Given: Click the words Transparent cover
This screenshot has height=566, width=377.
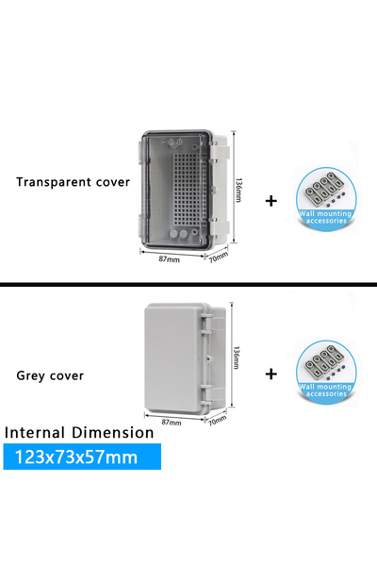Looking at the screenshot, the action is pyautogui.click(x=73, y=182).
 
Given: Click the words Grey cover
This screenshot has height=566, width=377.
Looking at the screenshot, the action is pyautogui.click(x=50, y=375).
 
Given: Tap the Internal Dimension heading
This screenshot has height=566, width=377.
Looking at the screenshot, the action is pyautogui.click(x=79, y=432).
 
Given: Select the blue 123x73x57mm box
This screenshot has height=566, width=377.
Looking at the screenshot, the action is pyautogui.click(x=82, y=457).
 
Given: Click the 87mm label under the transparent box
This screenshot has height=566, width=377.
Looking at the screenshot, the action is pyautogui.click(x=170, y=258).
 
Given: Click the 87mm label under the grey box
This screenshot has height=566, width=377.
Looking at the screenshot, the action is pyautogui.click(x=172, y=422).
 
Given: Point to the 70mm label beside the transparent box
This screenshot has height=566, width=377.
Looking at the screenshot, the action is pyautogui.click(x=219, y=257).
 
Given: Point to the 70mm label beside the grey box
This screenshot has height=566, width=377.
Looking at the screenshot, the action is pyautogui.click(x=217, y=420).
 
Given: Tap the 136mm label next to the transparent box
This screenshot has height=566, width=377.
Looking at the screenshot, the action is pyautogui.click(x=238, y=190).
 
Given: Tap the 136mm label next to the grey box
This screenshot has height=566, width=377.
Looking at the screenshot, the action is pyautogui.click(x=236, y=358).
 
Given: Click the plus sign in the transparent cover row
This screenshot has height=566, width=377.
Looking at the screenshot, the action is pyautogui.click(x=270, y=201).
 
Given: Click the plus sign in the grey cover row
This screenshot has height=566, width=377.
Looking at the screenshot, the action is pyautogui.click(x=270, y=374).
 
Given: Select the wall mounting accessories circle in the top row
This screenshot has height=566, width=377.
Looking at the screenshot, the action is pyautogui.click(x=326, y=197).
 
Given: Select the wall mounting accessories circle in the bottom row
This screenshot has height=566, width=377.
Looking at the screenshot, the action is pyautogui.click(x=326, y=371).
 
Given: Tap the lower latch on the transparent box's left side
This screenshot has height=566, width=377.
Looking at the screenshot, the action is pyautogui.click(x=139, y=224).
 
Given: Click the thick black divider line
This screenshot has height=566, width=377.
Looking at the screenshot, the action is pyautogui.click(x=188, y=285).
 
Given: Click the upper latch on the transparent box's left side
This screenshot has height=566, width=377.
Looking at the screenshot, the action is pyautogui.click(x=139, y=152).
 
